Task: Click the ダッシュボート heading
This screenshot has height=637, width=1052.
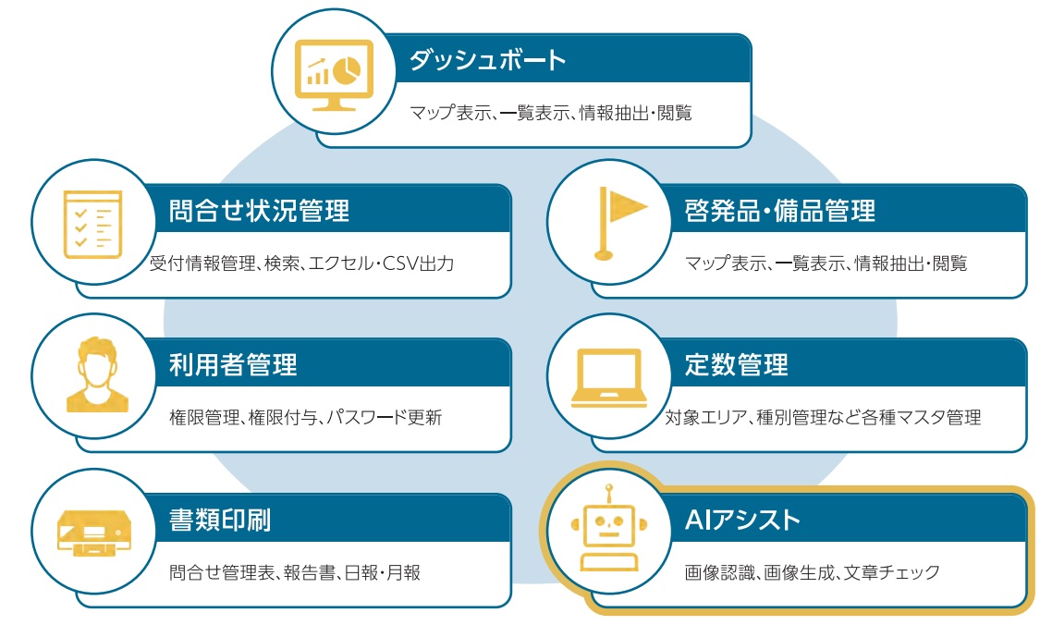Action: pyautogui.click(x=488, y=60)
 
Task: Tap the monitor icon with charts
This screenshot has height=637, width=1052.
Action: pyautogui.click(x=334, y=75)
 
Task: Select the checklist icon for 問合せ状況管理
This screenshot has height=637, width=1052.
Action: pyautogui.click(x=92, y=224)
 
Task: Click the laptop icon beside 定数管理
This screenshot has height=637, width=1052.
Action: pyautogui.click(x=608, y=378)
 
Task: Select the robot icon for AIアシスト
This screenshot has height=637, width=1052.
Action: pyautogui.click(x=608, y=528)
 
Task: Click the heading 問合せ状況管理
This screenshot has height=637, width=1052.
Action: pyautogui.click(x=259, y=211)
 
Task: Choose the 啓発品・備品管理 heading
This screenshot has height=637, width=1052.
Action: pyautogui.click(x=779, y=211)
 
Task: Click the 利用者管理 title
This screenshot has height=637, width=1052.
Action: pyautogui.click(x=233, y=365)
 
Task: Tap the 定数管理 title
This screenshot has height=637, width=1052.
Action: pyautogui.click(x=736, y=365)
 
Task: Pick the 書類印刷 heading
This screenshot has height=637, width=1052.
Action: pyautogui.click(x=220, y=521)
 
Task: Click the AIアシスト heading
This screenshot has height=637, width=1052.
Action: pyautogui.click(x=742, y=521)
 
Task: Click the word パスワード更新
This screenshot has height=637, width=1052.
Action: pyautogui.click(x=385, y=418)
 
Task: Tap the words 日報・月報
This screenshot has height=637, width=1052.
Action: pyautogui.click(x=383, y=572)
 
